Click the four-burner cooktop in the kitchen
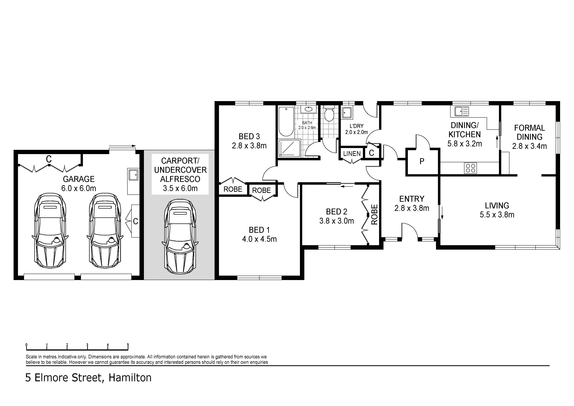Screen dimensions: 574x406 tap(470, 168)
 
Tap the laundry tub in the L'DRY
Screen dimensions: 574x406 tap(347, 113)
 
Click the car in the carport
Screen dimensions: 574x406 tap(180, 237)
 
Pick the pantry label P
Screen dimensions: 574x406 tap(422, 161)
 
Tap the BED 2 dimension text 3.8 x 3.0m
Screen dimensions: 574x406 tap(337, 221)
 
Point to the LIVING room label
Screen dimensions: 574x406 tap(497, 205)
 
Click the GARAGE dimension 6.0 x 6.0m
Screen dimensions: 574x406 tap(79, 188)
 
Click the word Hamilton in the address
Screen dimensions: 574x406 tap(130, 378)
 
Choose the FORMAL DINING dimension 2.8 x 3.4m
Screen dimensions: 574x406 tap(530, 146)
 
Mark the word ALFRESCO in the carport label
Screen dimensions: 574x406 tap(180, 179)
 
